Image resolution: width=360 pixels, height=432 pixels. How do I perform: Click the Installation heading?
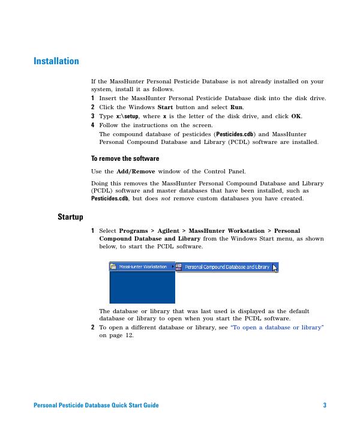coord(56,61)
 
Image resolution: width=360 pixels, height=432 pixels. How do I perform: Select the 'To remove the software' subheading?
coord(125,158)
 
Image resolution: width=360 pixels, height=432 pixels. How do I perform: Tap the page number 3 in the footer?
coord(325,406)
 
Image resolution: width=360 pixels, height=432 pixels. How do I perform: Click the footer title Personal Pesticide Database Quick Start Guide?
coord(96,406)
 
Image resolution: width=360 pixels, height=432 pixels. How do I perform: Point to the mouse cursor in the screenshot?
coord(275,268)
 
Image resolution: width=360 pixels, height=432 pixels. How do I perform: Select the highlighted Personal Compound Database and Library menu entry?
coord(226,267)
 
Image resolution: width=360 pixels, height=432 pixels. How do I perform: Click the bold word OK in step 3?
coord(296,116)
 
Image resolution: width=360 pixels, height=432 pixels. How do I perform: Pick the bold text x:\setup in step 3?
coord(127,116)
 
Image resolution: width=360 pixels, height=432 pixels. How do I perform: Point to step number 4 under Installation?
coord(92,125)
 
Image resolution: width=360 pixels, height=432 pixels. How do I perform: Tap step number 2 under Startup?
coord(92,328)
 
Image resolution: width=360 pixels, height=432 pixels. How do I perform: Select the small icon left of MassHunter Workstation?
coord(114,266)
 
